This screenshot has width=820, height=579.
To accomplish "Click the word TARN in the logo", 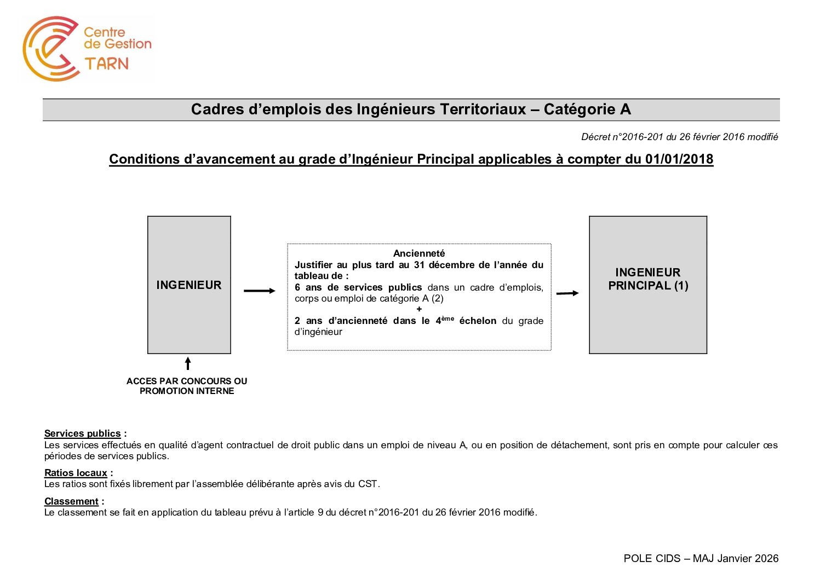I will tap(107, 63).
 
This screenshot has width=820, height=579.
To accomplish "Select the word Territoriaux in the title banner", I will tap(483, 109).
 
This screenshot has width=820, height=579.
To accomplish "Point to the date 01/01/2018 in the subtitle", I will tap(679, 159).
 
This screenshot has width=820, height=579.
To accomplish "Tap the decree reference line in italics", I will tap(679, 137).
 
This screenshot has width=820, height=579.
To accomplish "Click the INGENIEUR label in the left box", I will tap(189, 285).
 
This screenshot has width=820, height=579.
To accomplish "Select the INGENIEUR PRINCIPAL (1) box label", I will tap(648, 279).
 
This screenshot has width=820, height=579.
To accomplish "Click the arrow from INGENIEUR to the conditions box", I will tap(259, 291).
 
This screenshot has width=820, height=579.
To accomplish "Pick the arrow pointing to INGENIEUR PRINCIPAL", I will tap(567, 293).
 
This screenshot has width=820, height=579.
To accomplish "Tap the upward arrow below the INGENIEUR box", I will tap(188, 363).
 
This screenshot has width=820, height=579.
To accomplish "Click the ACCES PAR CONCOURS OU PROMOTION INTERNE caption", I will tap(187, 386).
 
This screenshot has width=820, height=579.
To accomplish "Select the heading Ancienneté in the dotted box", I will tap(419, 253).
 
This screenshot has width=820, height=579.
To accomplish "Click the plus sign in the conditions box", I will tap(419, 309).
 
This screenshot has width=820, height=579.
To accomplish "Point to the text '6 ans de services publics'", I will tap(358, 287).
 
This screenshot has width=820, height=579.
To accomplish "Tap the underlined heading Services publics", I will tap(82, 433).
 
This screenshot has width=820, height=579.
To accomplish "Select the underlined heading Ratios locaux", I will tap(76, 473).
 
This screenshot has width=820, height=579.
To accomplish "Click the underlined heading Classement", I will tap(71, 501).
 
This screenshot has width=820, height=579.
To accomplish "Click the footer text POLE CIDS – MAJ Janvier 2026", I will tap(701, 558).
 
